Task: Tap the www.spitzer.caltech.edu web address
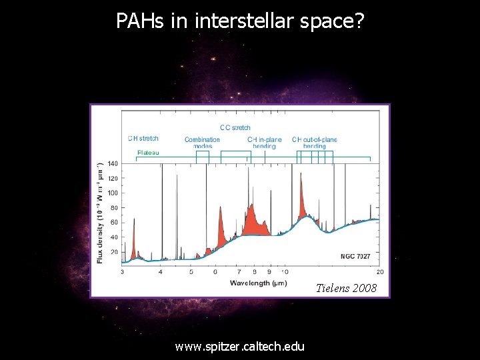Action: point(239,346)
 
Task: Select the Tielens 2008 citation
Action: point(346,288)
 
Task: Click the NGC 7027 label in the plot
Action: point(355,256)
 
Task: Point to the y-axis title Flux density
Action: point(100,212)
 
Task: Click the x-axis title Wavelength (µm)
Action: point(259,283)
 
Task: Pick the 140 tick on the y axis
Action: point(112,163)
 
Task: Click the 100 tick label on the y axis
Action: point(112,193)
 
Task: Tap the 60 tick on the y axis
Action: point(113,222)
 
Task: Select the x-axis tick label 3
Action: point(122,272)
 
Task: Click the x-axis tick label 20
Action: point(379,272)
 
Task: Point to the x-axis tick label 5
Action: point(191,272)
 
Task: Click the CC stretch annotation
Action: point(235,127)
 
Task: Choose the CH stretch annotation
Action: point(143,139)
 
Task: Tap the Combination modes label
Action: point(202,143)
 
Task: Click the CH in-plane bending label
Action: point(265,143)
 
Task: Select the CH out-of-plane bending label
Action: point(314,143)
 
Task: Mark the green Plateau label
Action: point(148,152)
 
